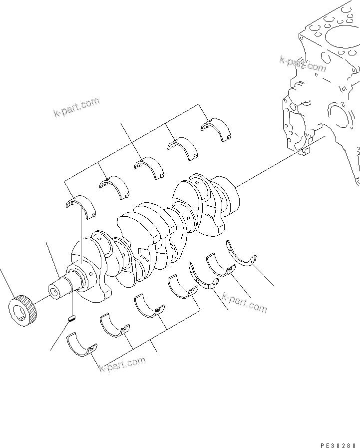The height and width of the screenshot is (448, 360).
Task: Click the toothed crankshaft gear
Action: pos(23,311)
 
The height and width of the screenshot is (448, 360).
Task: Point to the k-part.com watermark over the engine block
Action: pos(303,63)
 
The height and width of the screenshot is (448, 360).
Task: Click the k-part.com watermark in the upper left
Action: pos(76,108)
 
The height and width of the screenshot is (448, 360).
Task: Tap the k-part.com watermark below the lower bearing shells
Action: pos(122,365)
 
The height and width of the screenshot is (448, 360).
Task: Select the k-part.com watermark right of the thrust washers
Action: pos(244,303)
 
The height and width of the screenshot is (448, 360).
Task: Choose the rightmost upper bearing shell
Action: pos(216,128)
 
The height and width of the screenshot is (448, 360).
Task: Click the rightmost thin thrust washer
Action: pos(241,254)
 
